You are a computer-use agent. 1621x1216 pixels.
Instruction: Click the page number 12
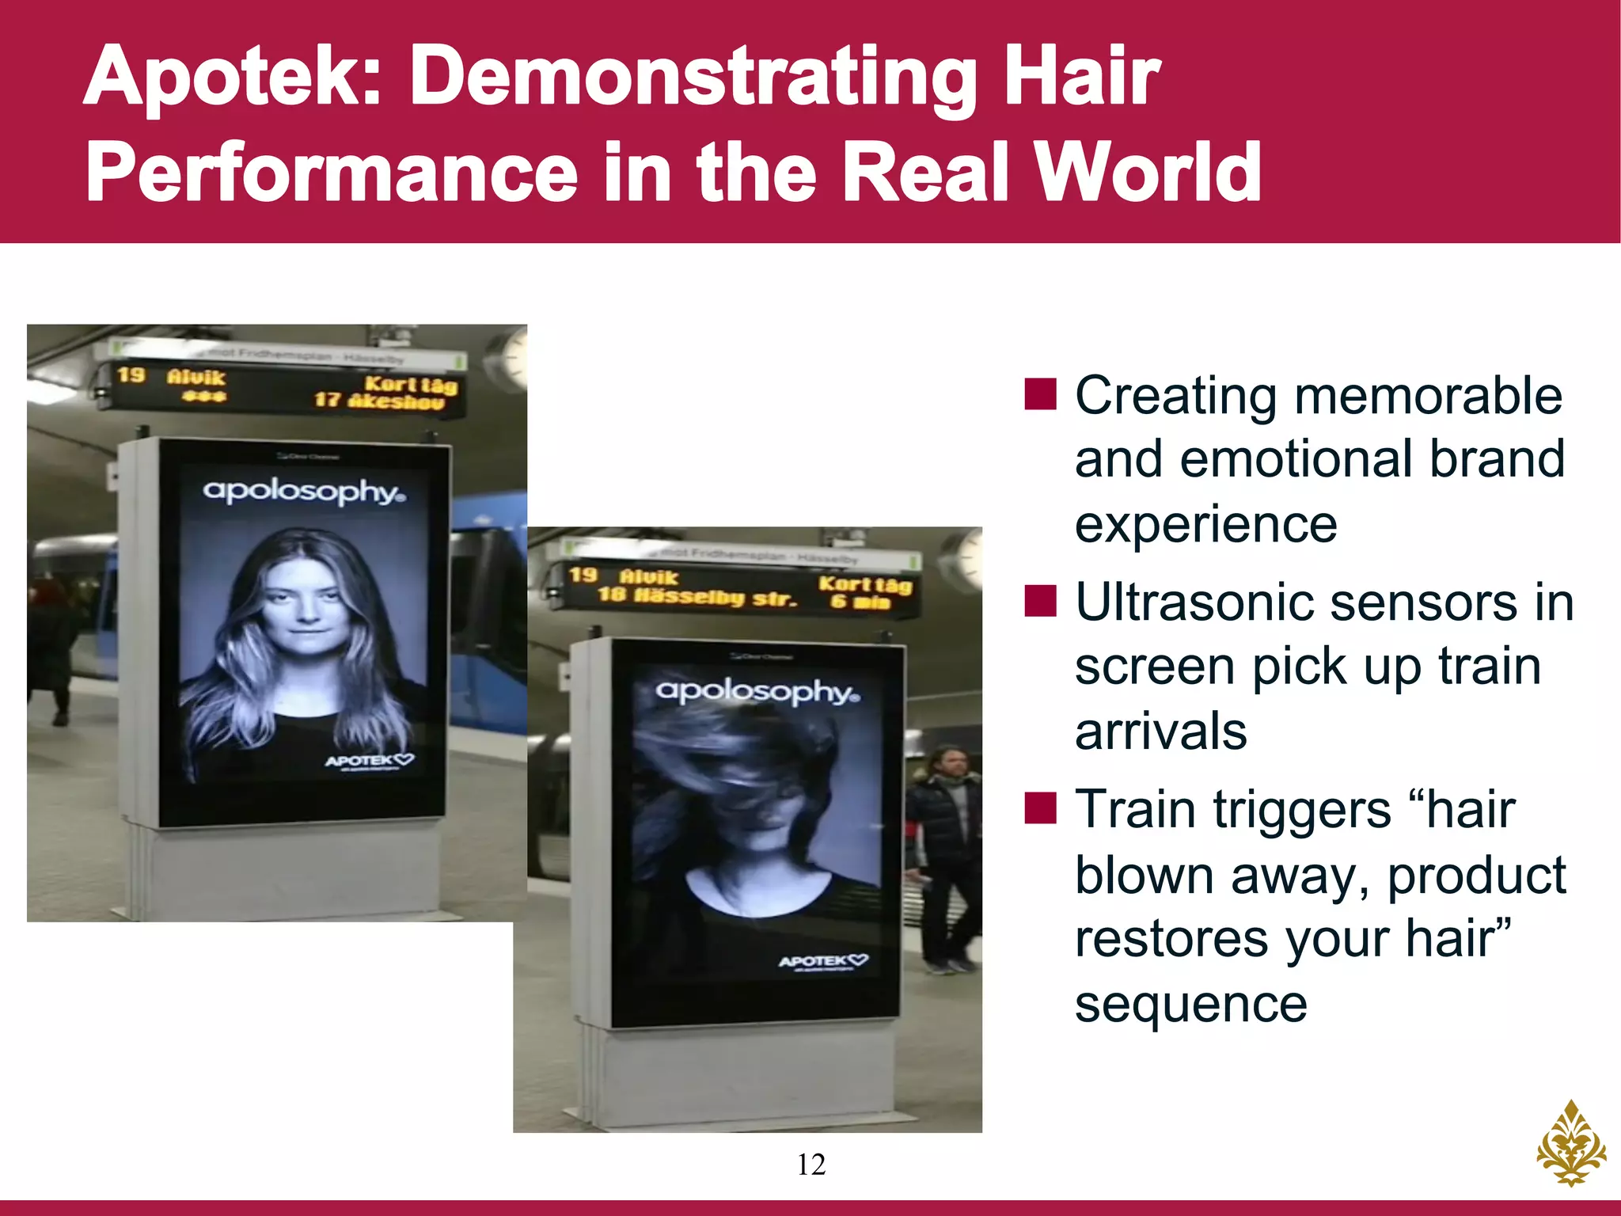pyautogui.click(x=811, y=1165)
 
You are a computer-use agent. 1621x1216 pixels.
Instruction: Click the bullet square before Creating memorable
pyautogui.click(x=1040, y=394)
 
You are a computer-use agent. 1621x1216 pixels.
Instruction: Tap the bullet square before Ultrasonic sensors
pyautogui.click(x=1040, y=602)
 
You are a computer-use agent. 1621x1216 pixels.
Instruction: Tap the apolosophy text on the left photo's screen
pyautogui.click(x=304, y=491)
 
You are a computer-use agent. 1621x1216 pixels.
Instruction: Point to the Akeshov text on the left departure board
pyautogui.click(x=397, y=402)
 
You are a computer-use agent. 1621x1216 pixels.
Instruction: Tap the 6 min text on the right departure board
pyautogui.click(x=860, y=602)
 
